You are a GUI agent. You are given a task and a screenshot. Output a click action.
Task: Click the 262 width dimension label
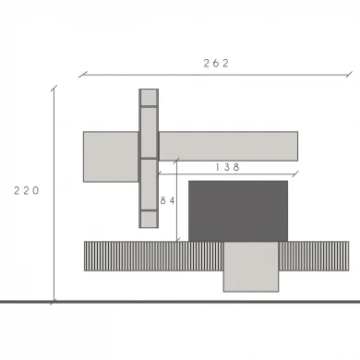point(216,64)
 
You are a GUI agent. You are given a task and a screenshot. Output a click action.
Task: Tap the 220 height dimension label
point(27,191)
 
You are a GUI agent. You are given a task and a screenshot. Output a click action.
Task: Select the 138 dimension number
point(227,167)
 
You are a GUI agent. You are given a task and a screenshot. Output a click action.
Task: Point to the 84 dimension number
point(168,201)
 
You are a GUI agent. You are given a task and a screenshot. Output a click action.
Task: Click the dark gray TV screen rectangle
point(238,211)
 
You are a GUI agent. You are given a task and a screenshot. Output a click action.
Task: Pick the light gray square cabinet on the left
point(111,157)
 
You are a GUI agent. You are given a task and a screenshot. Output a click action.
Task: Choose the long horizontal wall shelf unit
point(228,146)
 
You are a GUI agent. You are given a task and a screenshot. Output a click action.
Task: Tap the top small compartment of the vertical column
point(149,98)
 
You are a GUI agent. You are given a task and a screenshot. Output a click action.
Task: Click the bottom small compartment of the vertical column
point(149,219)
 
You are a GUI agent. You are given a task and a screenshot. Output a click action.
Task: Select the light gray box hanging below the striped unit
point(251,267)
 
